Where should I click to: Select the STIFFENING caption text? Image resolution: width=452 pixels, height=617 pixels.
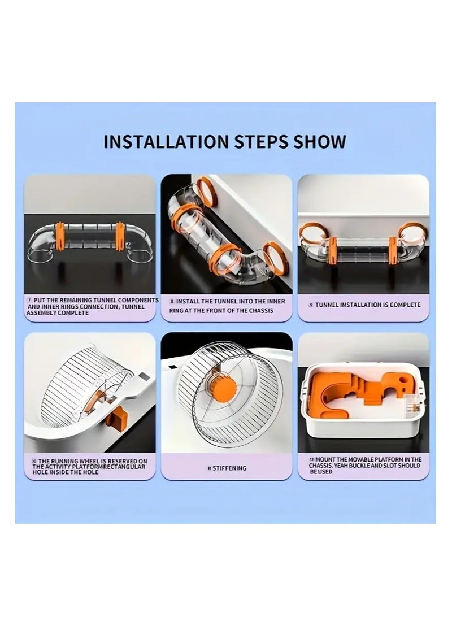click(229, 468)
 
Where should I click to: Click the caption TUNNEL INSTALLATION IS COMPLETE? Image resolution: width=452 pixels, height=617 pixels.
click(368, 305)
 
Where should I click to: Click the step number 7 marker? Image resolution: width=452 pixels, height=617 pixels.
click(29, 300)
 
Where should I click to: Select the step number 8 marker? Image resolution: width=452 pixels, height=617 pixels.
click(172, 301)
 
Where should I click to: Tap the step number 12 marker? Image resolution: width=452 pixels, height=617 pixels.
click(312, 459)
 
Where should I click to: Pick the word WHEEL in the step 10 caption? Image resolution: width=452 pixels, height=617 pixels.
click(89, 461)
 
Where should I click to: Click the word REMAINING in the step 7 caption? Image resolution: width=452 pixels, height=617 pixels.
click(75, 300)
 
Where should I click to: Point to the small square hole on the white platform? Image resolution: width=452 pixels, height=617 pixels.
click(144, 378)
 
